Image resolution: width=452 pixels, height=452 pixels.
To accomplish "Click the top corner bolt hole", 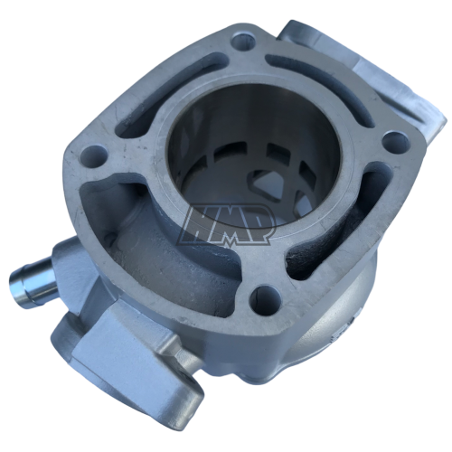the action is coord(243,42).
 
